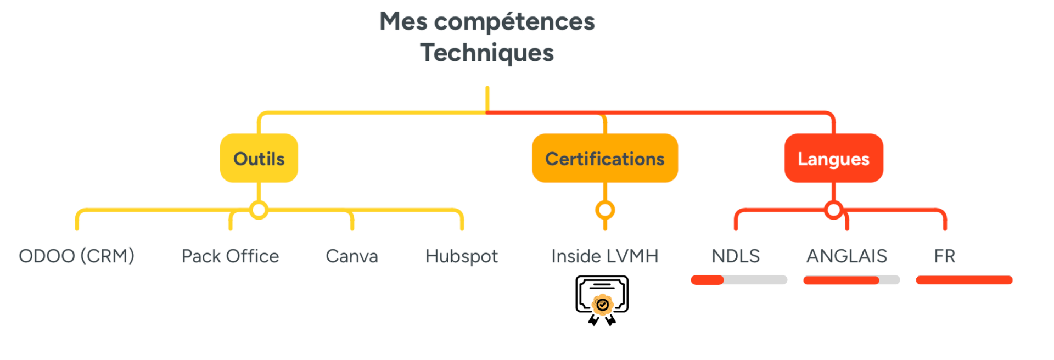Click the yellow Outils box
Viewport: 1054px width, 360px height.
coord(259,158)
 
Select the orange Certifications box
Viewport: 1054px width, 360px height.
coord(605,158)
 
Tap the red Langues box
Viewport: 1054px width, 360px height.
coord(834,158)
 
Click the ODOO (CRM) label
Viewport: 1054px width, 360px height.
coord(77,256)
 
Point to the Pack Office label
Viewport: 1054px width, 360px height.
coord(231,256)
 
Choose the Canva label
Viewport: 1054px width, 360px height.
coord(352,256)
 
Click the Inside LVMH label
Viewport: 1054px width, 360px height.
coord(605,256)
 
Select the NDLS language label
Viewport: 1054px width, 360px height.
coord(736,256)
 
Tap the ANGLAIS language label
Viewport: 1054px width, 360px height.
coord(846,256)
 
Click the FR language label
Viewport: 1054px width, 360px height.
coord(945,256)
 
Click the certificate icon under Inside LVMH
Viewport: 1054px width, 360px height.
coord(602,300)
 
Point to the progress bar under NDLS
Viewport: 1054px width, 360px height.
coord(739,280)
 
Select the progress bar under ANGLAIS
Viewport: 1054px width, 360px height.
coord(851,280)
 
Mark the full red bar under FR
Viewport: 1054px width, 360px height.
coord(964,280)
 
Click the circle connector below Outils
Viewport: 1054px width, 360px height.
coord(259,201)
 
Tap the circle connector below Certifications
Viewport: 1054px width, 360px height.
coord(605,201)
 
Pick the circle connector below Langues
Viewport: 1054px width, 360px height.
coord(834,201)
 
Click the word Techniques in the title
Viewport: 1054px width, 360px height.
coord(487,53)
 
